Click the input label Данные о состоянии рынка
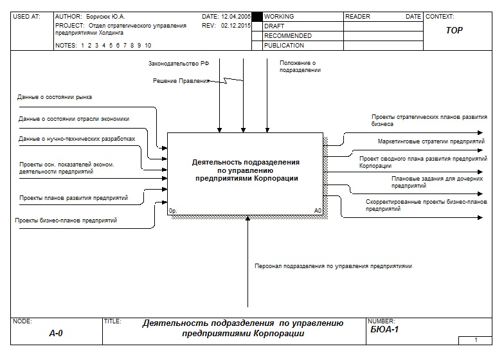tap(55, 97)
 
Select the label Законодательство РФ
tap(179, 63)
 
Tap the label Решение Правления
tap(181, 81)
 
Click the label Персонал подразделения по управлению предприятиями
tap(333, 265)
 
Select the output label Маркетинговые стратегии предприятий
tap(431, 140)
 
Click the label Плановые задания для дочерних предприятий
tap(432, 182)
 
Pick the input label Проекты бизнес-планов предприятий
tap(66, 221)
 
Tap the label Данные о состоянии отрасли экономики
tap(74, 119)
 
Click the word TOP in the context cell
tap(454, 30)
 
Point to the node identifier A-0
tap(56, 333)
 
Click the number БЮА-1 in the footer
tap(385, 330)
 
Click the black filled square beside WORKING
tap(257, 17)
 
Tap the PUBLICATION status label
tap(284, 46)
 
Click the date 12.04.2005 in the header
tap(235, 16)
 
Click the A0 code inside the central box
tap(318, 210)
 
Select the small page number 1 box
tap(476, 339)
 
